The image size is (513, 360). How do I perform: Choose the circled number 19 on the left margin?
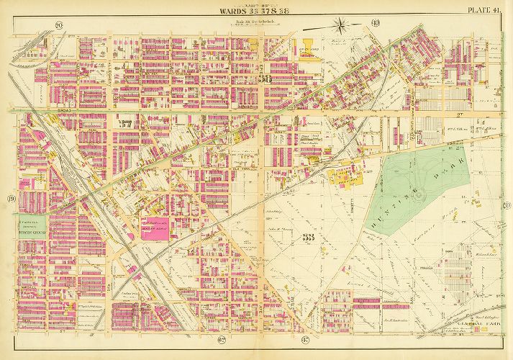(11, 199)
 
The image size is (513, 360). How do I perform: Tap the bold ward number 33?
(311, 238)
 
